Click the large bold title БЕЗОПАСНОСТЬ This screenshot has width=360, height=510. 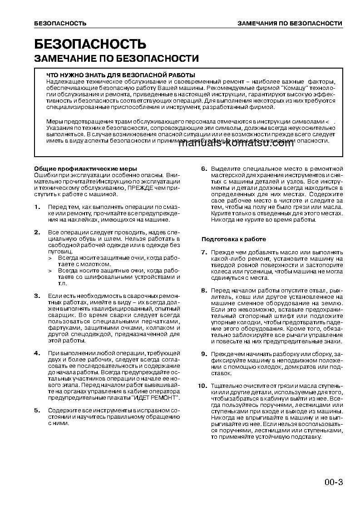[90, 44]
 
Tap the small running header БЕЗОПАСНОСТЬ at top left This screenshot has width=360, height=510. [60, 23]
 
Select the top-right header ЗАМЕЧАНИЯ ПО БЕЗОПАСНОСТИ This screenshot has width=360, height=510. [290, 23]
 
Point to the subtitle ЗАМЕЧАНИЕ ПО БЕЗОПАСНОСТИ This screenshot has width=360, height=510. [117, 59]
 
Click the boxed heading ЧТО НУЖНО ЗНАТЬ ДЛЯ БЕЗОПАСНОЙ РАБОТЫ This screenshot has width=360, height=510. [121, 75]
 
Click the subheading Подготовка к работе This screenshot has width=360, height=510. [234, 239]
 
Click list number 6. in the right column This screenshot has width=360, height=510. [204, 169]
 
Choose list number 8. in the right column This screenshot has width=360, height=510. [204, 290]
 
